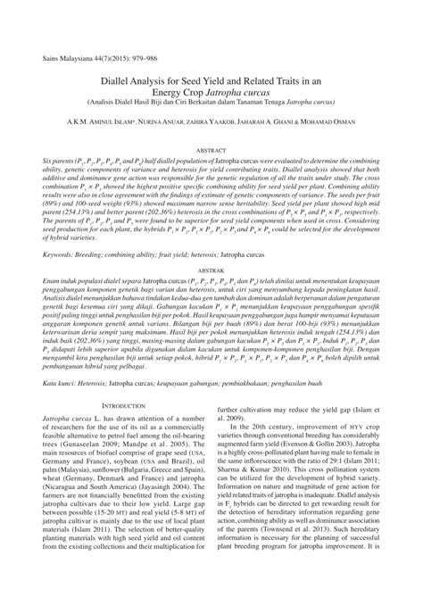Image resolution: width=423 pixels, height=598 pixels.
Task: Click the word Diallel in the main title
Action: (124, 53)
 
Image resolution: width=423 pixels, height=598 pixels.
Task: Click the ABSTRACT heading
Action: (211, 128)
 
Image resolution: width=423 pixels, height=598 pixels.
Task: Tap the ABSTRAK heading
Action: (211, 241)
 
